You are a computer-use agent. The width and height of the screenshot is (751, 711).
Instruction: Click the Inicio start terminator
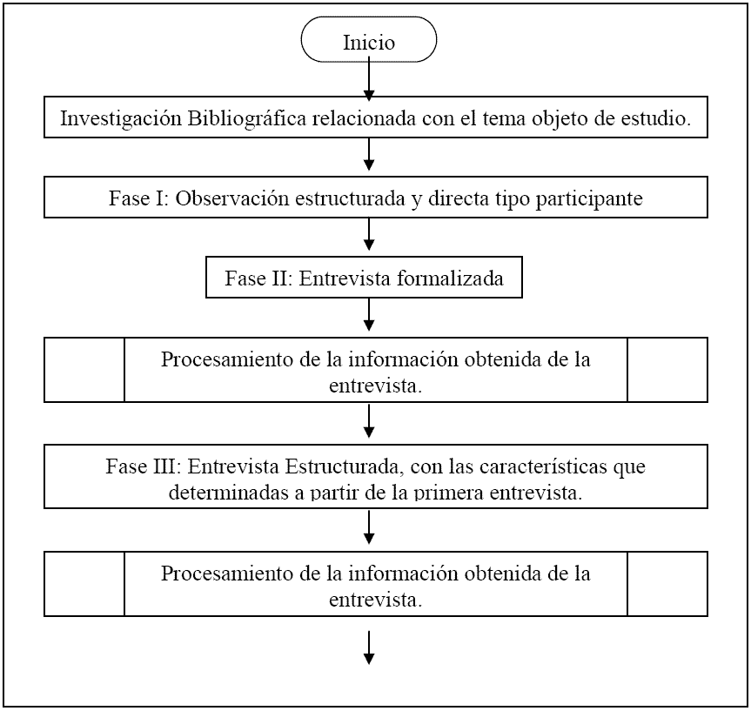[369, 39]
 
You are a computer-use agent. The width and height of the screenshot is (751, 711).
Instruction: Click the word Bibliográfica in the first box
[246, 118]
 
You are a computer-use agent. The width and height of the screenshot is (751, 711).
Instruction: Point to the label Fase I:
[139, 198]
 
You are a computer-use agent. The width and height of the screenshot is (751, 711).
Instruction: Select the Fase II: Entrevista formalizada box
[364, 278]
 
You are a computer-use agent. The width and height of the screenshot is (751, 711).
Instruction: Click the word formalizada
[450, 278]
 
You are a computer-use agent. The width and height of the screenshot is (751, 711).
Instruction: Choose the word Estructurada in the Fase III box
[341, 466]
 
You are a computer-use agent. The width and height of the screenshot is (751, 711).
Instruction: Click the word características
[543, 466]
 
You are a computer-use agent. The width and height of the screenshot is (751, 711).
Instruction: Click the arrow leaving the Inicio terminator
[369, 78]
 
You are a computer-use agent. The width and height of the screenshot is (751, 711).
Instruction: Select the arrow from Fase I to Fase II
[369, 234]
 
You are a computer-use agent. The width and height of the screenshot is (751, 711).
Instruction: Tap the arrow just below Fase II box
[369, 315]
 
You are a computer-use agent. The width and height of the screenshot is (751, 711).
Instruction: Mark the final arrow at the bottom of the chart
[369, 647]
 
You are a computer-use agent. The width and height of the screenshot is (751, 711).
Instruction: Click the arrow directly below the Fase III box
[369, 528]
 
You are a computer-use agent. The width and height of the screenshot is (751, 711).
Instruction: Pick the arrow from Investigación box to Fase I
[369, 154]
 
